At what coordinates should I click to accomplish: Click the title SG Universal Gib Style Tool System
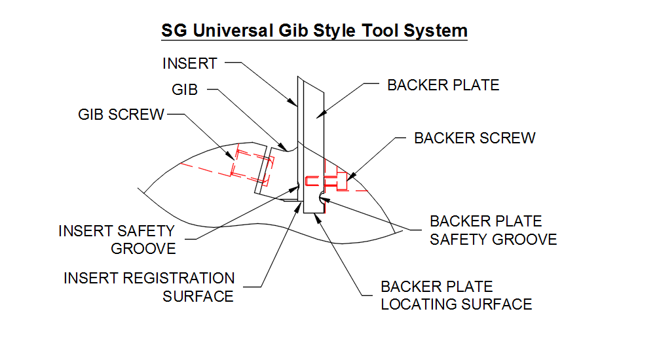(314, 30)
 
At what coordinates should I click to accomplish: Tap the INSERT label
(189, 63)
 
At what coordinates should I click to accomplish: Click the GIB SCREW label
(121, 115)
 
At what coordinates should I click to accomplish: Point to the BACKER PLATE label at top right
(443, 85)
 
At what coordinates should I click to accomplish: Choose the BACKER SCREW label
(475, 138)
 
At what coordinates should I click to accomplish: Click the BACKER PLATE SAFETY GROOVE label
(493, 230)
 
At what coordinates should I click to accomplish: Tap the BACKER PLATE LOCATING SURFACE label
(456, 295)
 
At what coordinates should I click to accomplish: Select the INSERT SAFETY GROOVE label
(117, 240)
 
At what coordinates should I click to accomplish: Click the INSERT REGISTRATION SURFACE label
(149, 287)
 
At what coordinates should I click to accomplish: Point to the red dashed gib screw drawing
(244, 162)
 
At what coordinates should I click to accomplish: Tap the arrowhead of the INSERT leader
(294, 103)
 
